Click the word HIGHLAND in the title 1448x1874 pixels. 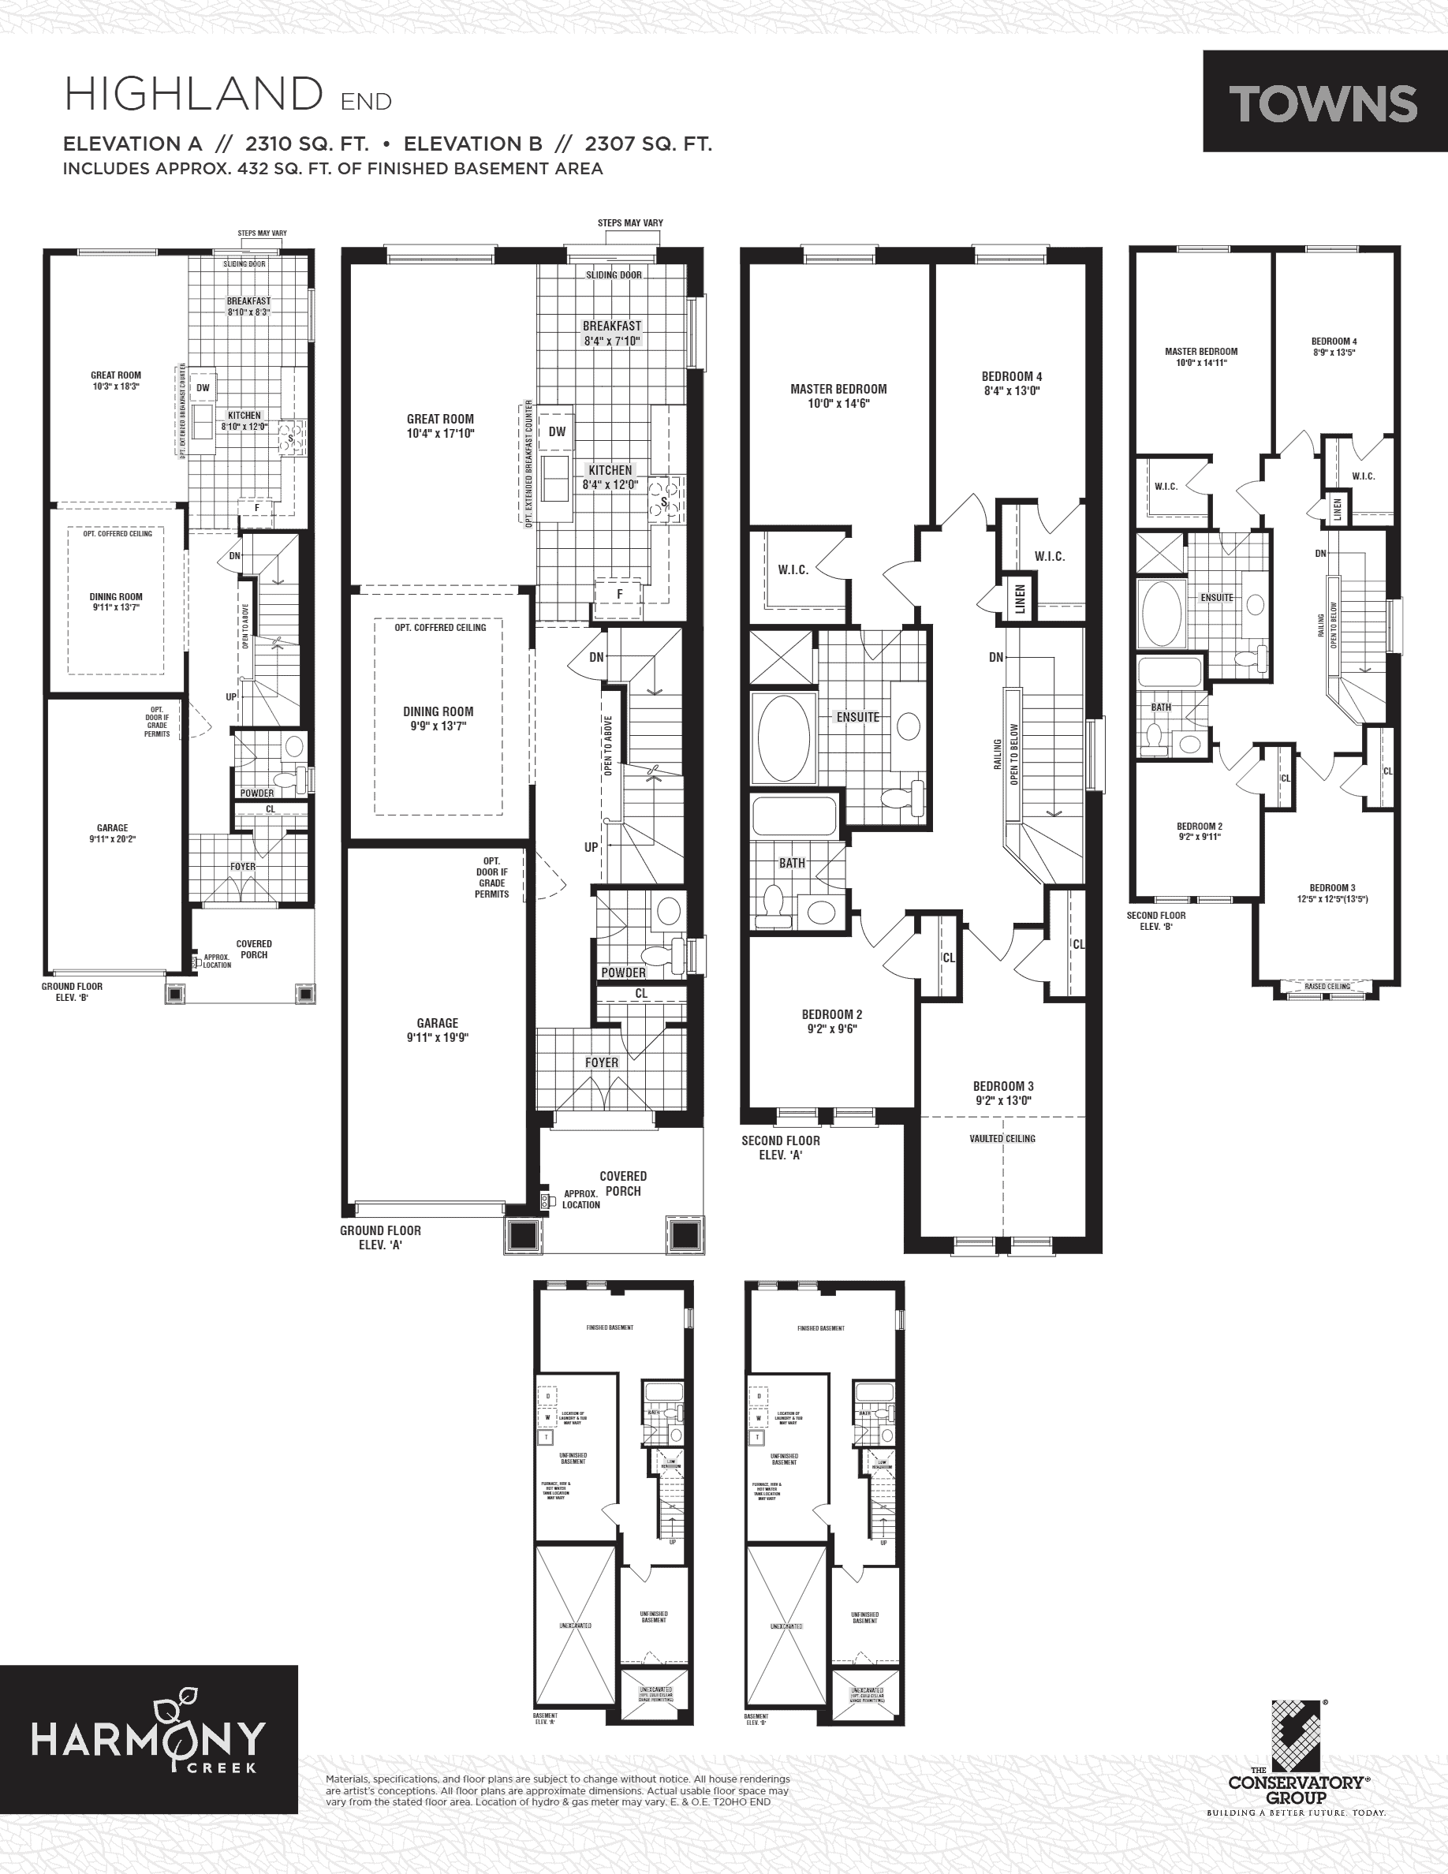[194, 95]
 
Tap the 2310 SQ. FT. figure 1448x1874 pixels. [306, 144]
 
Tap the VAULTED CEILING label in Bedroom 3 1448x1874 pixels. [1002, 1139]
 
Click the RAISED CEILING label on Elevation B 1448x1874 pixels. [1327, 986]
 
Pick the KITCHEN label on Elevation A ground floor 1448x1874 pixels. [610, 470]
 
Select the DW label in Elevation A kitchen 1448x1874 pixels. [558, 431]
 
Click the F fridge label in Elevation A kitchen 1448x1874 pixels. [619, 593]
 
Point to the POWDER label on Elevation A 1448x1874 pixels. [624, 972]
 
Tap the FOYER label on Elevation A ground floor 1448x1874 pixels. [601, 1062]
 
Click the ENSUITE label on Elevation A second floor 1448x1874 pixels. [857, 716]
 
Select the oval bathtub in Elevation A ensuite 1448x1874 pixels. [782, 737]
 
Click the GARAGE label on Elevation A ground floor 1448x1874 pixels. [438, 1023]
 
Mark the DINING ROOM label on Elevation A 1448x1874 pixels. [439, 711]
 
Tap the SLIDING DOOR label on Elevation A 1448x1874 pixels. [614, 274]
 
